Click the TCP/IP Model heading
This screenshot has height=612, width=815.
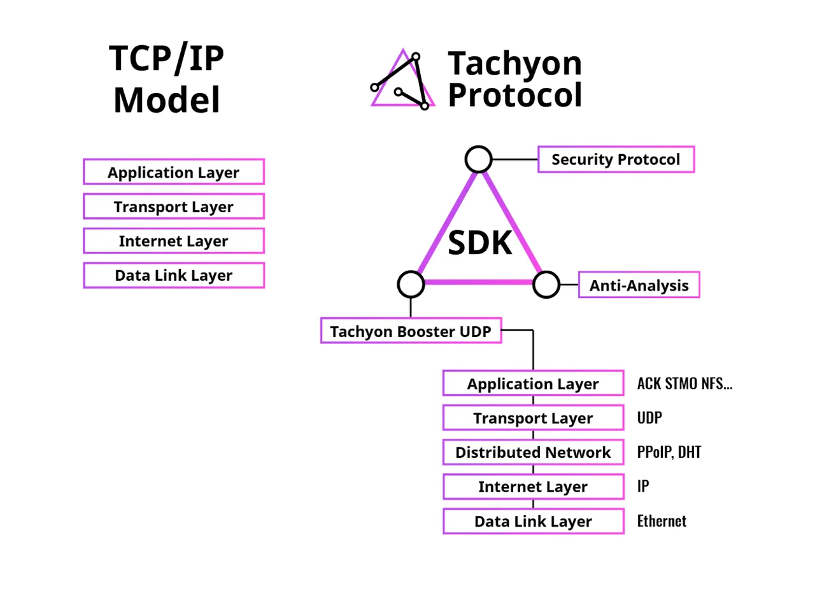click(x=166, y=78)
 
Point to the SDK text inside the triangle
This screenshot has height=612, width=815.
click(x=479, y=243)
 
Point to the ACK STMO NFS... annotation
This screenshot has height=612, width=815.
click(x=684, y=383)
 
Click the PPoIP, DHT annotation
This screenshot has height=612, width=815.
click(x=669, y=452)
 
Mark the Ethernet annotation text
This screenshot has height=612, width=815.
click(x=662, y=521)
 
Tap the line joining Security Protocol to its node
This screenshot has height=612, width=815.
click(x=515, y=159)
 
